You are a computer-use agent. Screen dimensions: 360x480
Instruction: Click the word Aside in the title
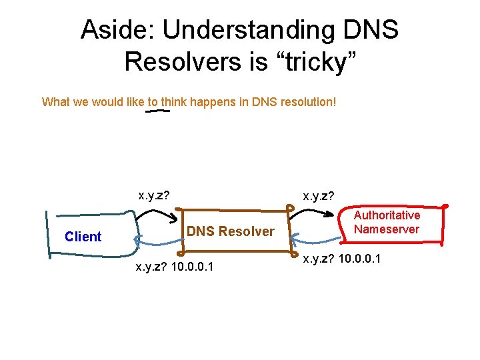coord(117,29)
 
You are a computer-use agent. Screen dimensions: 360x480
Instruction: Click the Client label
coord(83,237)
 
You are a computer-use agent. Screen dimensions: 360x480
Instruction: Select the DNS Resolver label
coord(230,231)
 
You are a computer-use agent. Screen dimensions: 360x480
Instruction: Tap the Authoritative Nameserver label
coord(387,222)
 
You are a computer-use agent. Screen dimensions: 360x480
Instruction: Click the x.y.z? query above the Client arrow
coord(153,196)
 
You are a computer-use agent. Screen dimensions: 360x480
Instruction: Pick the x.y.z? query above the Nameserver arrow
coord(318,196)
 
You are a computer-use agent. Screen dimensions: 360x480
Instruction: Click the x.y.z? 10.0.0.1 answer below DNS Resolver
coord(175,267)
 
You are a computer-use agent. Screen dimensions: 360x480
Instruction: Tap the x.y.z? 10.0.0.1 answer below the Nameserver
coord(341,259)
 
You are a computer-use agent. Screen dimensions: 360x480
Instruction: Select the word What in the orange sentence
coord(55,102)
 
